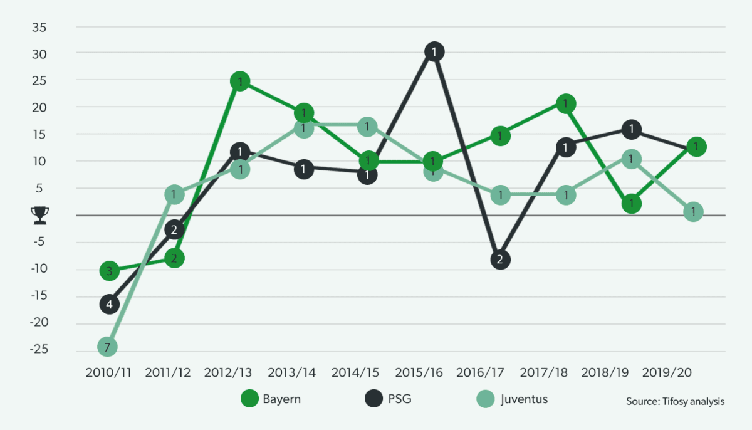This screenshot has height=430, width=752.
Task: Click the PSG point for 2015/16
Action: [x=434, y=51]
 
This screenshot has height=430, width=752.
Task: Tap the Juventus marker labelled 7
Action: [x=108, y=346]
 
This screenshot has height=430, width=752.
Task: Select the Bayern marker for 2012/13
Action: [x=239, y=81]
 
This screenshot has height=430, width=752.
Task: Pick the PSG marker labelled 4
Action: [x=109, y=305]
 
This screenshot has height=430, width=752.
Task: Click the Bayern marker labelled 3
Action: [x=109, y=271]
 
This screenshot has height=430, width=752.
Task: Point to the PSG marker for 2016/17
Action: [x=499, y=260]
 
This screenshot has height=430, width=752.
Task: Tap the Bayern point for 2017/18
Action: [x=565, y=103]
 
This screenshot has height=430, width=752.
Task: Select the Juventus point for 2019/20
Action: [x=693, y=212]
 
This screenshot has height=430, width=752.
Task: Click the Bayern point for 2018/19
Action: [x=632, y=204]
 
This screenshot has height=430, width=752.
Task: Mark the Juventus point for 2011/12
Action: [x=174, y=195]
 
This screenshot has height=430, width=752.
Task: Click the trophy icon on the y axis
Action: [x=39, y=216]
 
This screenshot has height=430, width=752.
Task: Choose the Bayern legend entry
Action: [x=271, y=399]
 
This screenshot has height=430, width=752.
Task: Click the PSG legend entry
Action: [x=387, y=399]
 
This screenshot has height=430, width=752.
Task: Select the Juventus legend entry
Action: [x=514, y=399]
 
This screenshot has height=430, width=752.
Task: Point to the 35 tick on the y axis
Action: [x=41, y=27]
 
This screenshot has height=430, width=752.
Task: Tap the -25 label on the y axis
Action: [x=39, y=350]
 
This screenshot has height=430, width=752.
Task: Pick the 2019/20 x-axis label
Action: [x=667, y=372]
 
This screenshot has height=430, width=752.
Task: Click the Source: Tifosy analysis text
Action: [x=675, y=401]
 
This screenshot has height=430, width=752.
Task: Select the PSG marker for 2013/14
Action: [x=304, y=169]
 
